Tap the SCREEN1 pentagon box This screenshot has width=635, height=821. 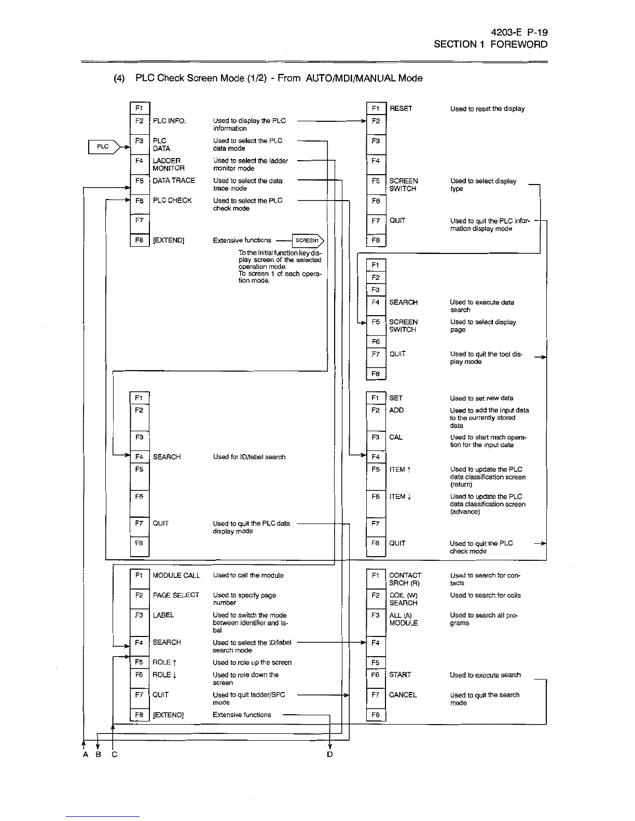click(x=308, y=240)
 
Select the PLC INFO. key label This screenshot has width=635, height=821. click(x=169, y=121)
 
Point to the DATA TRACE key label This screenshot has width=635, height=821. click(x=174, y=181)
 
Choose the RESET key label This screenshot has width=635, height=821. click(x=401, y=109)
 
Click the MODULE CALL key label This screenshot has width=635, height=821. click(x=176, y=575)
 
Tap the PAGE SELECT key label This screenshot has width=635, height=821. click(x=176, y=595)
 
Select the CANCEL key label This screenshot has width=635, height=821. click(x=403, y=695)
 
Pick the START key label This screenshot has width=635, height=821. click(x=400, y=675)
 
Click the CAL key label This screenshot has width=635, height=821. click(x=396, y=437)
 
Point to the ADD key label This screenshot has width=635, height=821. click(x=396, y=410)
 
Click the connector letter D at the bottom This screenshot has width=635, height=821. click(x=330, y=755)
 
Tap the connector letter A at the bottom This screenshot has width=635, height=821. click(x=86, y=755)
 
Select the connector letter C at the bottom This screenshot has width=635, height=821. click(x=115, y=755)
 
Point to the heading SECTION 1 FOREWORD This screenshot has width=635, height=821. click(x=490, y=45)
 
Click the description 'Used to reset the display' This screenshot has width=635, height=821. click(x=487, y=109)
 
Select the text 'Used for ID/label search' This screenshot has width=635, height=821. click(x=249, y=457)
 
